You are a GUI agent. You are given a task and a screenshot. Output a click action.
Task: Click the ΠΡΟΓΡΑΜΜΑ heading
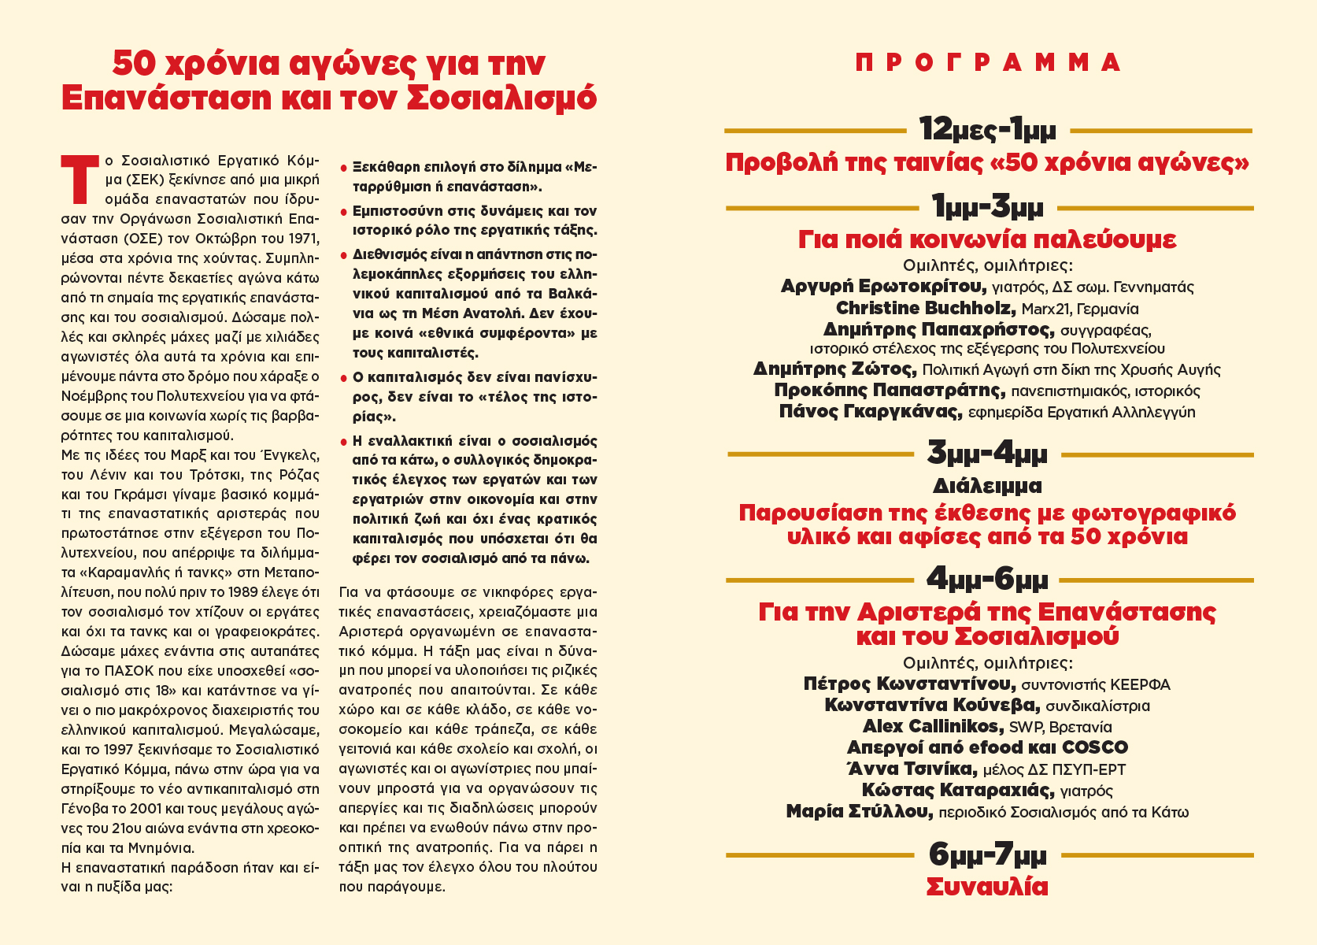[x=988, y=63]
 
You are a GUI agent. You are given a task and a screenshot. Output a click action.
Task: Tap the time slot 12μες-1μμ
[x=988, y=128]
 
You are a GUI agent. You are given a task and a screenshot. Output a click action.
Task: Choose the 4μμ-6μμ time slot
[x=988, y=580]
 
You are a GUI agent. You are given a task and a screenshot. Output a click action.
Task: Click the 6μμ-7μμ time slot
[x=988, y=854]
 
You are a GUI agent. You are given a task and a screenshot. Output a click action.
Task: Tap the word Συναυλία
[x=988, y=887]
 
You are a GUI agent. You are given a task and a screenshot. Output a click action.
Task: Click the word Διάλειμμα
[x=988, y=485]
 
